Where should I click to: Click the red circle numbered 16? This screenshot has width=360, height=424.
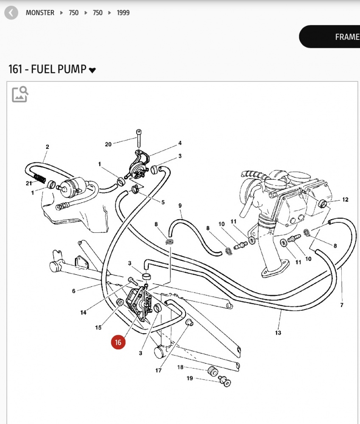click(118, 342)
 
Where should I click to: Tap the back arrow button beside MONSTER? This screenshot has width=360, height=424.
click(11, 13)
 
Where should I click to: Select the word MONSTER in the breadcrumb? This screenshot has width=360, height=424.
click(40, 13)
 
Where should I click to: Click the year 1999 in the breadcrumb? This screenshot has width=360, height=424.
click(123, 13)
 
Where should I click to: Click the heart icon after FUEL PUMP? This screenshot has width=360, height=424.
click(92, 70)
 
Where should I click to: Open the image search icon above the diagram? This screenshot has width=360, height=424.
click(20, 94)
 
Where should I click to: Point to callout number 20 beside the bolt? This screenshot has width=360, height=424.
click(108, 144)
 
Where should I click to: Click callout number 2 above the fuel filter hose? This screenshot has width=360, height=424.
click(47, 147)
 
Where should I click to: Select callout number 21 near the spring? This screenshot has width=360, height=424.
click(29, 183)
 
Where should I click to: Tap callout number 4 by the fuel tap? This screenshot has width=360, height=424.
click(180, 143)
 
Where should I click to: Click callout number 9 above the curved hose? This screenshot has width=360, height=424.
click(180, 206)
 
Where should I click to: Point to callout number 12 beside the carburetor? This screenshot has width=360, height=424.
click(345, 199)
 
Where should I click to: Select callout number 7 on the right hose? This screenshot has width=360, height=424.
click(342, 304)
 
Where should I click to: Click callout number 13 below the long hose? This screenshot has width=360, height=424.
click(278, 333)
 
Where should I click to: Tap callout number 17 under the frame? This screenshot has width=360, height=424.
click(158, 371)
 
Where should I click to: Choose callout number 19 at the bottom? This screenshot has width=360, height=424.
click(189, 378)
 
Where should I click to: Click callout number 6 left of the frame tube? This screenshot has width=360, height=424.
click(74, 291)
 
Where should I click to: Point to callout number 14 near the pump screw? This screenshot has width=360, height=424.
click(84, 312)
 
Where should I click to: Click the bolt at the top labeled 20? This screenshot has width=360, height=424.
click(138, 138)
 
